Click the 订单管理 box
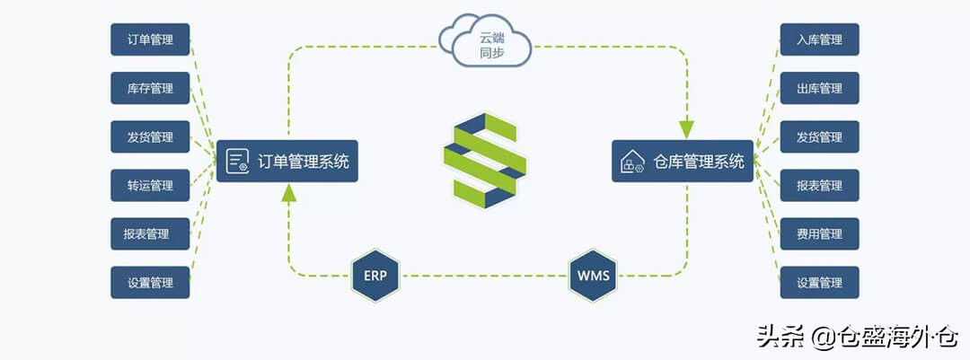coord(151,40)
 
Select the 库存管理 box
coord(151,89)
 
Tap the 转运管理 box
coord(151,186)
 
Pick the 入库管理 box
coord(819,40)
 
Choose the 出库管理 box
coord(819,89)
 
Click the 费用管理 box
coord(819,234)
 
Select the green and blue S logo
coord(485,161)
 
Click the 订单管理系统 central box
coord(287,162)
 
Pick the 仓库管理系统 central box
coord(683,162)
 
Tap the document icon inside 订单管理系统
coord(238,162)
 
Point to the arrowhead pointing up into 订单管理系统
coord(287,192)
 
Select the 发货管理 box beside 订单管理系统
coord(151,137)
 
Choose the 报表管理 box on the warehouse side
coord(819,186)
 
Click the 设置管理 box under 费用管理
coord(819,283)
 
